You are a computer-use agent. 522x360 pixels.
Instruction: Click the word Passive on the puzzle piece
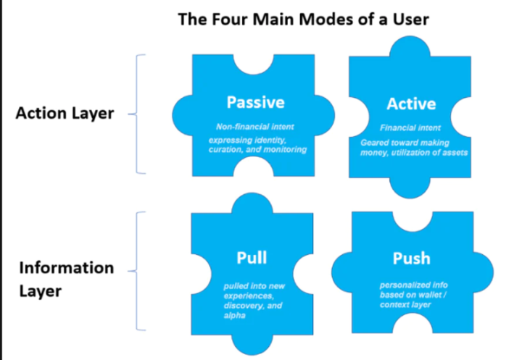[256, 102]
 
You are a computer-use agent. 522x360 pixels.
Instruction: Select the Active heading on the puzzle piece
[412, 104]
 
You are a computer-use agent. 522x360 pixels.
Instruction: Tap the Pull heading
[252, 258]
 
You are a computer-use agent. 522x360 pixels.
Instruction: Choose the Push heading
[412, 259]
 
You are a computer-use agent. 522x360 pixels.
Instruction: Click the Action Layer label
[65, 114]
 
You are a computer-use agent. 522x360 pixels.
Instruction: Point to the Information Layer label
[67, 280]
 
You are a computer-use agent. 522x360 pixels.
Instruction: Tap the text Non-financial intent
[255, 127]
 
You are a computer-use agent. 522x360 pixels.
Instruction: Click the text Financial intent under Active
[410, 127]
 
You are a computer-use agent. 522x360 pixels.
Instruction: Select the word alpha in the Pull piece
[235, 315]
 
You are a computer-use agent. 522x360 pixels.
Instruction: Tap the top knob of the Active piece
[410, 46]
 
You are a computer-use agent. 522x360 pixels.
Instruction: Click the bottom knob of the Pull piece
[252, 345]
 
